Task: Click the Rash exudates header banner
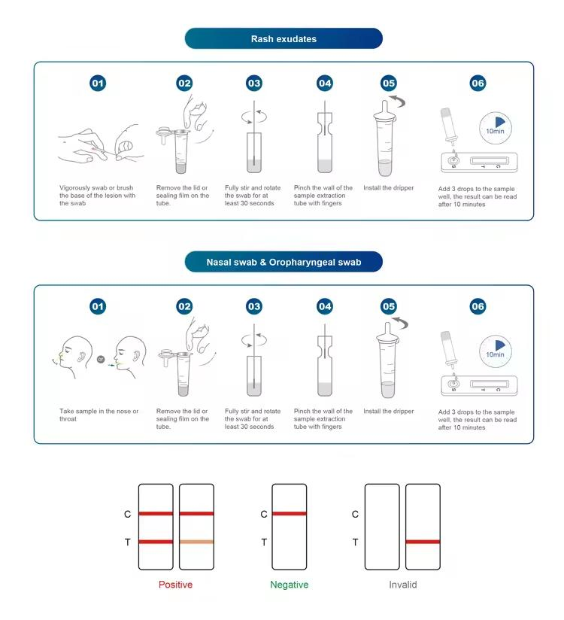coord(284,38)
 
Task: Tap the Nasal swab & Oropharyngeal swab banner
coord(284,262)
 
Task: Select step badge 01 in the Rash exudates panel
coord(98,83)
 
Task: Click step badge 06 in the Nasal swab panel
coord(478,306)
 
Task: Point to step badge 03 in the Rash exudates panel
coord(253,83)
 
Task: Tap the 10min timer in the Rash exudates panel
coord(496,128)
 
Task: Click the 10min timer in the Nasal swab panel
coord(496,351)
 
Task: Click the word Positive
coord(175,585)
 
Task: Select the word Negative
coord(290,585)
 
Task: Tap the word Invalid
coord(403,585)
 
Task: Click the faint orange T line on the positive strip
coord(196,542)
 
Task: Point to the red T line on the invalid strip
coord(423,542)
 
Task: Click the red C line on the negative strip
coord(290,514)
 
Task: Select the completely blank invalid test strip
coord(382,527)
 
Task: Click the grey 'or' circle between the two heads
coord(101,359)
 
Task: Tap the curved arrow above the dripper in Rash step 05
coord(398,101)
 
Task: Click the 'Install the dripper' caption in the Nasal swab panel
coord(389,412)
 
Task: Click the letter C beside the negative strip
coord(264,514)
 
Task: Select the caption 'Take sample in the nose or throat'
coord(99,415)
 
